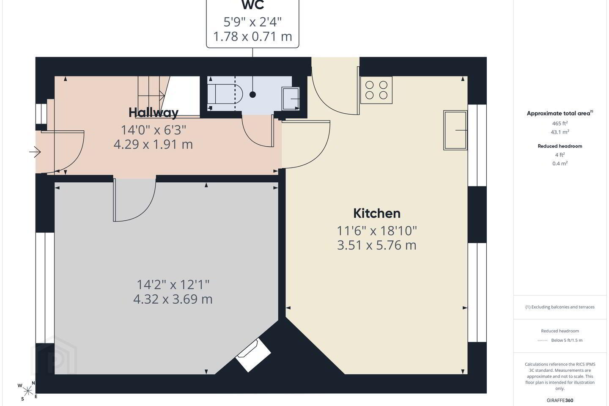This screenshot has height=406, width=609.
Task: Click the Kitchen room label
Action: click(x=377, y=214)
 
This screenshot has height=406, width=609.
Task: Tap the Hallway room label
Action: click(x=154, y=112)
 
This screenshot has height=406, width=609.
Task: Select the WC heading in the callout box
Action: click(x=252, y=5)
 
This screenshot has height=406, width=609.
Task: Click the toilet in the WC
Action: click(x=225, y=93)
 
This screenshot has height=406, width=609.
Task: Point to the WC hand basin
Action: click(x=291, y=99)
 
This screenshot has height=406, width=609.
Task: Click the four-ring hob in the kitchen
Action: click(x=376, y=90)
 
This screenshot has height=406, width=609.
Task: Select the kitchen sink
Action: click(x=455, y=130)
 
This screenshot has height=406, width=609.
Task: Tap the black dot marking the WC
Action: click(x=252, y=95)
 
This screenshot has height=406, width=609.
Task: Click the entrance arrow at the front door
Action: click(x=35, y=152)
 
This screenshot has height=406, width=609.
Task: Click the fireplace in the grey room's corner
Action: click(x=253, y=355)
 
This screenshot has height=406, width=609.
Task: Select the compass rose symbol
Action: click(x=27, y=391)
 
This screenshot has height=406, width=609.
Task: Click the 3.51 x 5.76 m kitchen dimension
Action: click(x=377, y=245)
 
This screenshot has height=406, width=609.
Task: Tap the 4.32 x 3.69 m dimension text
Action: click(x=173, y=299)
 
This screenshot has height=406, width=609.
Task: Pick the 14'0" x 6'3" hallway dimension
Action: click(x=154, y=130)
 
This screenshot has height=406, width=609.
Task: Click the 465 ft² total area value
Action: click(x=560, y=123)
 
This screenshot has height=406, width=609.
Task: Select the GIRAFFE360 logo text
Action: click(x=560, y=400)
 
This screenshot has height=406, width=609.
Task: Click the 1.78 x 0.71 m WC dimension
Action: click(x=252, y=36)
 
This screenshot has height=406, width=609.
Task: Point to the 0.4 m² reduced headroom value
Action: click(x=560, y=163)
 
